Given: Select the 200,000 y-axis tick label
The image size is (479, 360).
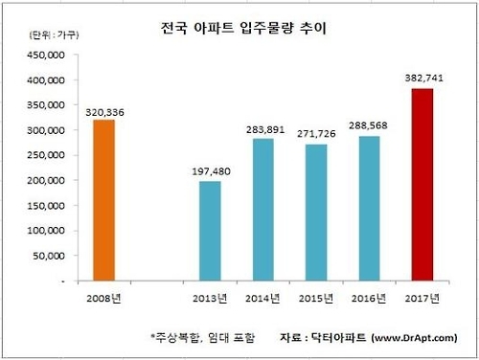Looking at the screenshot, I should [45, 181].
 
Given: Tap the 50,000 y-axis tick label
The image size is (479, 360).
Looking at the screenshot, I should [48, 257].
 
